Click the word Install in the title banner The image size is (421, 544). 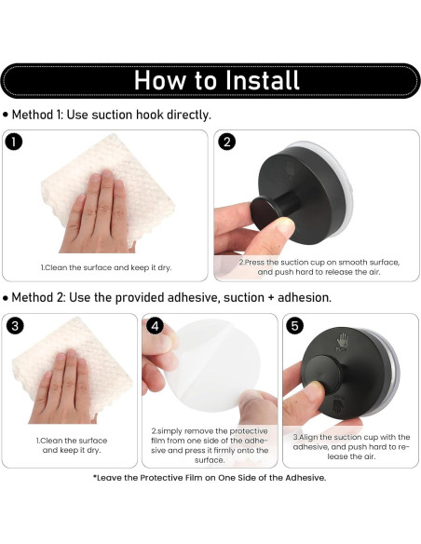[262, 80]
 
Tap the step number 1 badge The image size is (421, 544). [14, 143]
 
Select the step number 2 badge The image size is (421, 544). [226, 143]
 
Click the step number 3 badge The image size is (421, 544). [15, 326]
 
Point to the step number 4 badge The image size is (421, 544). [155, 326]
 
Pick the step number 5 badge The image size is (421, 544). [294, 326]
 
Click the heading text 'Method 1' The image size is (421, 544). [36, 115]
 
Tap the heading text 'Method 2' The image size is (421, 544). [38, 298]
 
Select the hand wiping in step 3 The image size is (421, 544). [62, 387]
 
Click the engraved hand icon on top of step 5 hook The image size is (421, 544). [342, 341]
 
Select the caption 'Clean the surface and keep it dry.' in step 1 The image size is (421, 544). [106, 267]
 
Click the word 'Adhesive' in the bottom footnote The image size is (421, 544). [305, 478]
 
